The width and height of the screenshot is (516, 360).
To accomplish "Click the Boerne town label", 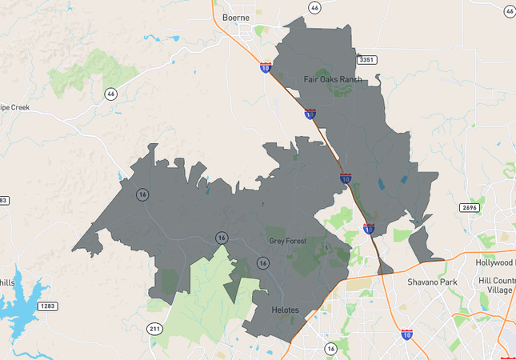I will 236,17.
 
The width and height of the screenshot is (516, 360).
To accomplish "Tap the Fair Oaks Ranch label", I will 333,79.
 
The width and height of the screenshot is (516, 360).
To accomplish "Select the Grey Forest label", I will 288,241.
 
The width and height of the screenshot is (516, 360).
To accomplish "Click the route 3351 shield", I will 367,60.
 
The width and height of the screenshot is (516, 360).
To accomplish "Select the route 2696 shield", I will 470,208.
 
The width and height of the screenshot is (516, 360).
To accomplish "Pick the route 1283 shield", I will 48,306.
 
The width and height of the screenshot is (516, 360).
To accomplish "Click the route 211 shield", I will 155,329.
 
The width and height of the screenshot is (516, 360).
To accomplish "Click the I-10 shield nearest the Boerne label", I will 265,68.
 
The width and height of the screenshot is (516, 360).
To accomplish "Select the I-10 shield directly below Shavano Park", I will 407,334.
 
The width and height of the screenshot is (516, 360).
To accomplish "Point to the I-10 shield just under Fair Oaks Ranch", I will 310,114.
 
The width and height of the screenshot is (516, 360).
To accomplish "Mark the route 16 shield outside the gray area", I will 330,349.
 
